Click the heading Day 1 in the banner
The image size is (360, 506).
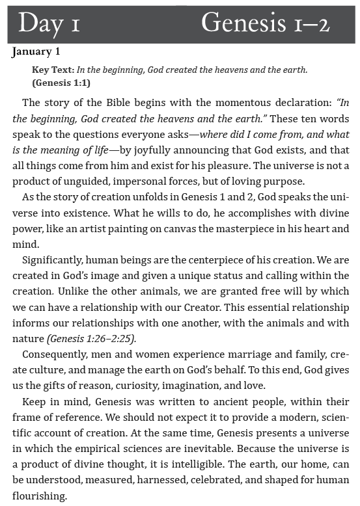coord(49,23)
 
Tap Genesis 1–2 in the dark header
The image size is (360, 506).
coord(265,23)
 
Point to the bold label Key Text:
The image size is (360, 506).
coord(53,70)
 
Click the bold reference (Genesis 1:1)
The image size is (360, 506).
coord(61,83)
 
